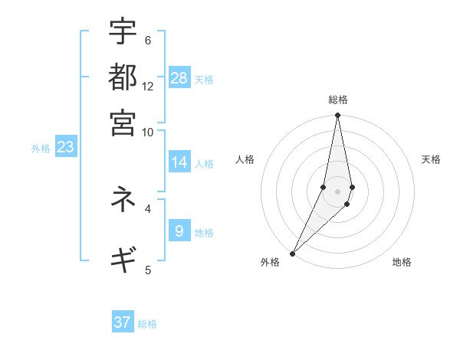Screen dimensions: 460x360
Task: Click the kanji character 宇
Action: (123, 31)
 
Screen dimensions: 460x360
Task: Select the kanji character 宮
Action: (123, 122)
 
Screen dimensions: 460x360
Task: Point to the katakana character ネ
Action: (123, 198)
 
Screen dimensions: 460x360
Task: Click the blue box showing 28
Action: (179, 78)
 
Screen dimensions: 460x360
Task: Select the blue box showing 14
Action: (179, 162)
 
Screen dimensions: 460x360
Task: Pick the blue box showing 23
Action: (65, 148)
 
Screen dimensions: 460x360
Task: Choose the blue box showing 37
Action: (123, 322)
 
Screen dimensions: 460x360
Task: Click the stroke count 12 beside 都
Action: (148, 86)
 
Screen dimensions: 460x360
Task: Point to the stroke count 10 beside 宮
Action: (148, 132)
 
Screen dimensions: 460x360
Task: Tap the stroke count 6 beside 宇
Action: (148, 41)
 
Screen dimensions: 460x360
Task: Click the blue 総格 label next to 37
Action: (147, 324)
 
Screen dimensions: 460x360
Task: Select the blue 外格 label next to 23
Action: (41, 149)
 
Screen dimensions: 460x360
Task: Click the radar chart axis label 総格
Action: (338, 100)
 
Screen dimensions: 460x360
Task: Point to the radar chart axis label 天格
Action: (432, 159)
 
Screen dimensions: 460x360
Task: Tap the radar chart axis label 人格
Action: (245, 159)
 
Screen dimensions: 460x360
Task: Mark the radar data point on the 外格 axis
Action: (293, 253)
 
